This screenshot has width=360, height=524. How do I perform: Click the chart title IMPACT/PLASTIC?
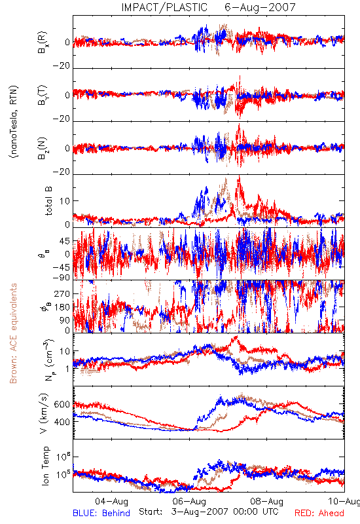[164, 7]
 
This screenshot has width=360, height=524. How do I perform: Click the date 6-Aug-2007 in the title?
[260, 7]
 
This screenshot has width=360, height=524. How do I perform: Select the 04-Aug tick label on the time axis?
[111, 501]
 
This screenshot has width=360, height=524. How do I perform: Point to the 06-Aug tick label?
[189, 501]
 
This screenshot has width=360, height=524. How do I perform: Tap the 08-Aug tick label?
[267, 501]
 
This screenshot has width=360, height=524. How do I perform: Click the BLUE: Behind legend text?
[101, 513]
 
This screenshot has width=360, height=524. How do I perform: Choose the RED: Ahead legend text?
[319, 513]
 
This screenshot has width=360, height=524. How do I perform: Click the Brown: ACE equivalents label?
[13, 333]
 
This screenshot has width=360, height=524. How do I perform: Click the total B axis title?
[48, 201]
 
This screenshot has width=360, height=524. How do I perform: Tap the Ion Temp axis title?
[45, 466]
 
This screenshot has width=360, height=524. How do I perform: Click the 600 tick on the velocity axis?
[62, 404]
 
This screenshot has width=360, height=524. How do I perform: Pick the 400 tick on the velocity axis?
[62, 422]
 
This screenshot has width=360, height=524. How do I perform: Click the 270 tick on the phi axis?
[62, 293]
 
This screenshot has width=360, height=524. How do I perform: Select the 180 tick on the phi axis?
[62, 307]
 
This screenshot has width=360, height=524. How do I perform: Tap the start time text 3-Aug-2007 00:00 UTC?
[225, 512]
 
